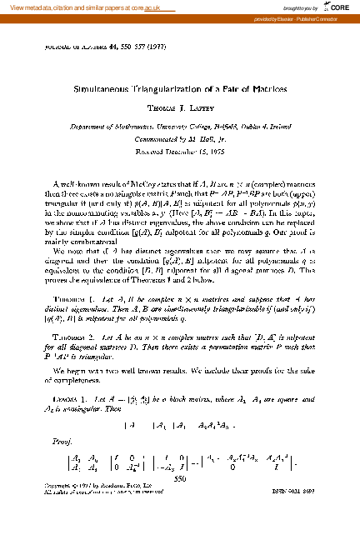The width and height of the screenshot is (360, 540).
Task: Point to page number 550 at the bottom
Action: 180,479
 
